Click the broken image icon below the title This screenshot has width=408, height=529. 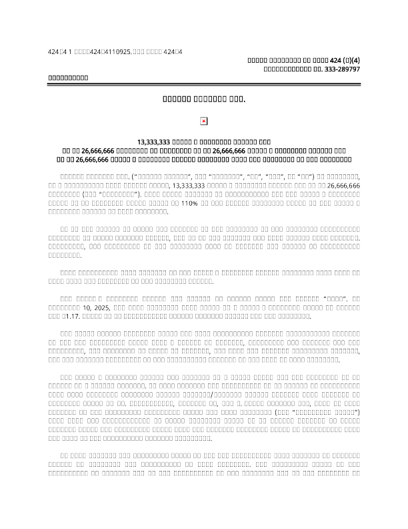click(x=204, y=121)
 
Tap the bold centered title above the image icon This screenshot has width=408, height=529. click(x=204, y=101)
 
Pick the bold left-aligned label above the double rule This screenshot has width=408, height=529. click(x=68, y=78)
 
